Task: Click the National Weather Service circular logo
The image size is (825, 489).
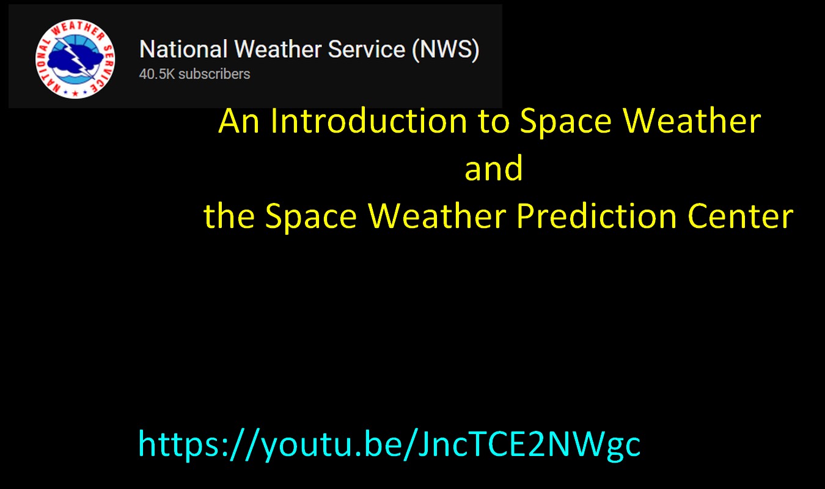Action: click(75, 59)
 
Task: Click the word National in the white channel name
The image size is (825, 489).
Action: click(183, 49)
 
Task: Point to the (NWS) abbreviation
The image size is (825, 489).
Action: click(446, 50)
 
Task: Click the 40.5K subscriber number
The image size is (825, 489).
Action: click(156, 74)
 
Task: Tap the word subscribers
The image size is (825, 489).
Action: click(215, 74)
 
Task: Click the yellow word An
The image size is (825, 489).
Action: click(239, 121)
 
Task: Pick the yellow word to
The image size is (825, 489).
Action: click(494, 122)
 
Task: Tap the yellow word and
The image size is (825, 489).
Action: click(494, 168)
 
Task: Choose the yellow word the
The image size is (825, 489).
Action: click(229, 216)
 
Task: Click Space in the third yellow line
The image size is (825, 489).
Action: click(311, 218)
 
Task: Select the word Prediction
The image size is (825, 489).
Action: click(596, 216)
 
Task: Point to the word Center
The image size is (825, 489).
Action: click(740, 216)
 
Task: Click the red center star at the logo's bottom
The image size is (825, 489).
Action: click(75, 94)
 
